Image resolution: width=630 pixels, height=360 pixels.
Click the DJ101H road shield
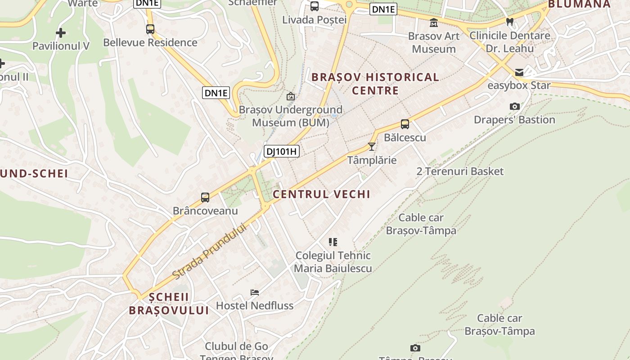tap(281, 151)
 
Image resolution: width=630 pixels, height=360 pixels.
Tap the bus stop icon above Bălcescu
tap(405, 124)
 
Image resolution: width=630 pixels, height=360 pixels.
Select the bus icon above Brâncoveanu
tap(205, 197)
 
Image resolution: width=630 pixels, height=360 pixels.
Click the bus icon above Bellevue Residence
tap(150, 29)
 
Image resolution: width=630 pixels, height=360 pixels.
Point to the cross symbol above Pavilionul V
tap(61, 33)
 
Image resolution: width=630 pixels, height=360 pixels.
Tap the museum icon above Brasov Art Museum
tap(434, 22)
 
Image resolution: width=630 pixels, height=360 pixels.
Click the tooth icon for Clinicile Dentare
tap(509, 22)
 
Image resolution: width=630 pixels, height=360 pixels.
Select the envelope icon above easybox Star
tap(519, 72)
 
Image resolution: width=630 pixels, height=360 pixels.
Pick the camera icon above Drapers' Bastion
tap(515, 107)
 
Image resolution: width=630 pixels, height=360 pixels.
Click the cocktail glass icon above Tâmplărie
tap(372, 147)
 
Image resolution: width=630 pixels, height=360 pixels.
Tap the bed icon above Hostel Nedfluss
tap(255, 292)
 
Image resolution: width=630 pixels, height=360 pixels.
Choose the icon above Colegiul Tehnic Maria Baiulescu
tap(333, 242)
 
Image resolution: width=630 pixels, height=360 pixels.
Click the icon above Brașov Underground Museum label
tap(291, 96)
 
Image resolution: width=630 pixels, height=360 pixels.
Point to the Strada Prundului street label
tap(210, 250)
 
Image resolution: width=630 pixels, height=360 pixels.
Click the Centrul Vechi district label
tap(321, 194)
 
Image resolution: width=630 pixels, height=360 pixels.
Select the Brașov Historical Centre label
tap(375, 84)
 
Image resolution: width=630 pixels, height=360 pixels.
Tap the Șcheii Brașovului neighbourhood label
tap(169, 304)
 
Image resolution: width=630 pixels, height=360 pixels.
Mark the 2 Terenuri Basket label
tap(460, 171)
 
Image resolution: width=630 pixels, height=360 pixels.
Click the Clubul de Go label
tap(236, 346)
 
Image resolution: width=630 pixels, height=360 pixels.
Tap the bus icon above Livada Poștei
tap(315, 6)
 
